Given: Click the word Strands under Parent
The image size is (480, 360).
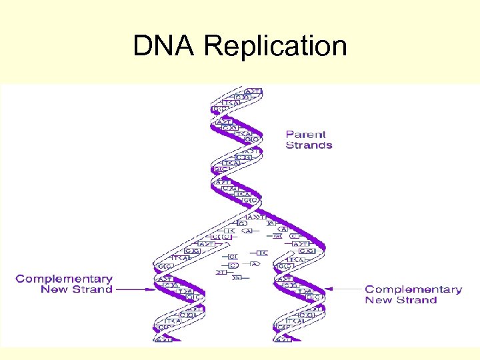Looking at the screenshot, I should [x=309, y=145].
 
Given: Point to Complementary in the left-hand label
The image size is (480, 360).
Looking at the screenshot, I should [x=64, y=279].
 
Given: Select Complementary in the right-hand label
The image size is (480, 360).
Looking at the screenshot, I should [x=413, y=289].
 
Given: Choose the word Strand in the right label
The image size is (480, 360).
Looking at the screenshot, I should [x=417, y=300].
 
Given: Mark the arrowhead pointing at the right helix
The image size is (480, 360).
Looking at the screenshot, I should [x=333, y=289].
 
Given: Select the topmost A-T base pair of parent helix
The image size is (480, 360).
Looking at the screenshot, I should [x=253, y=91].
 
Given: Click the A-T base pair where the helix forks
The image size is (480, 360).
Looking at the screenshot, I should [x=255, y=217].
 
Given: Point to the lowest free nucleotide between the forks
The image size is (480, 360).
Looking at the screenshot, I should [x=237, y=277].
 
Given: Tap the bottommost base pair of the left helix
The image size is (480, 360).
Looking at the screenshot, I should [x=164, y=339].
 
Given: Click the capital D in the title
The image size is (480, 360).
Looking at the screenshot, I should [x=143, y=47].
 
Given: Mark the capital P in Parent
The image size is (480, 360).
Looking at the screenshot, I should [x=290, y=134].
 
